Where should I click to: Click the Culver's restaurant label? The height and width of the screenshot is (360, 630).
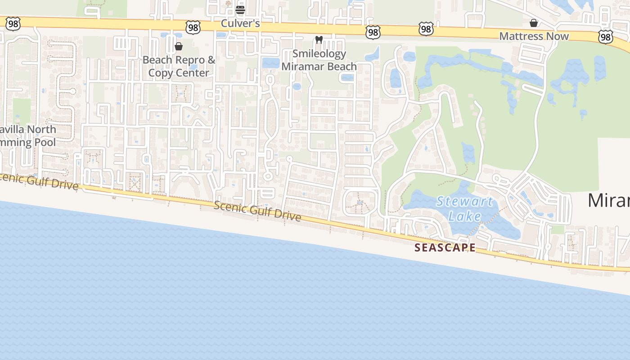click(x=240, y=23)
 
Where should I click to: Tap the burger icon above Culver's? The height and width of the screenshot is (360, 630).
click(x=240, y=9)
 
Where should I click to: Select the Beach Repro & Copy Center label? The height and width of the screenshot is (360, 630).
click(x=179, y=66)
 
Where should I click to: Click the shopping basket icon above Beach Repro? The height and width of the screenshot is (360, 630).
click(x=179, y=46)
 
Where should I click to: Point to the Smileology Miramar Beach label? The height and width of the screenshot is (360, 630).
click(x=319, y=60)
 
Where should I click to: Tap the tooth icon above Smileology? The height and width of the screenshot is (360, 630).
click(x=319, y=40)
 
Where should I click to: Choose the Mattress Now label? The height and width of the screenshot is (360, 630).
click(x=534, y=36)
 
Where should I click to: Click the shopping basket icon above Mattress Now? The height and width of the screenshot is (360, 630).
click(x=534, y=23)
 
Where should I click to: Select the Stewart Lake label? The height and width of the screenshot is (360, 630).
click(x=464, y=208)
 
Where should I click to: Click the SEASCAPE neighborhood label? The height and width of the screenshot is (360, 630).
click(x=445, y=247)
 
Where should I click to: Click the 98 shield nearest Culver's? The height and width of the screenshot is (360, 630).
click(x=193, y=28)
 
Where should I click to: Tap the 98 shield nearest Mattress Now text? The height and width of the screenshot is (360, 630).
click(x=606, y=37)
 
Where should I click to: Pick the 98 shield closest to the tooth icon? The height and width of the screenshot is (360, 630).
click(x=373, y=32)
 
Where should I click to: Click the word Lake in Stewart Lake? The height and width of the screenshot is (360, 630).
click(x=465, y=216)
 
